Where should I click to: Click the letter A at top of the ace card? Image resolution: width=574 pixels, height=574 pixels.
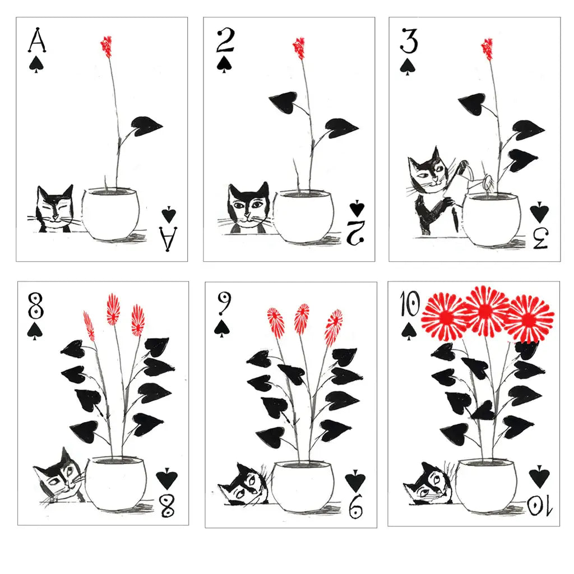(36, 41)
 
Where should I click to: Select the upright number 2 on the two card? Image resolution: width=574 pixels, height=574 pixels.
(224, 41)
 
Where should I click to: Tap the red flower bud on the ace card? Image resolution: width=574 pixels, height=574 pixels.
(106, 45)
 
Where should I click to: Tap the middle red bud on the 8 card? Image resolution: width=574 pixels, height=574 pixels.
(113, 309)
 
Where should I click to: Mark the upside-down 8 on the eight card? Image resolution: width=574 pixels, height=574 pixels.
(167, 503)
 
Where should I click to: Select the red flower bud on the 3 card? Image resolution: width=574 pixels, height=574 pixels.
(488, 48)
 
